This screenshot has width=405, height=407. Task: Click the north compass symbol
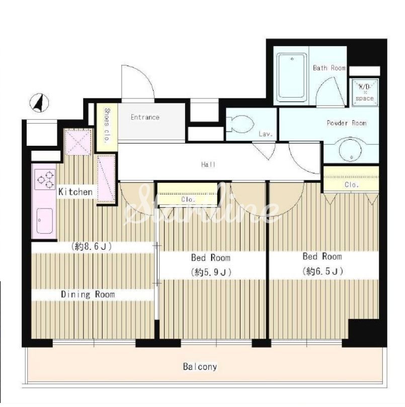point(39,103)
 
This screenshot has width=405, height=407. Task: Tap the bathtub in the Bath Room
point(291,77)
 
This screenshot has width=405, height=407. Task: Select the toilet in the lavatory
point(240,124)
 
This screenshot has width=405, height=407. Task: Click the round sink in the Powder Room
point(350,150)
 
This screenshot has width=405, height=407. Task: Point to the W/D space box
point(365,92)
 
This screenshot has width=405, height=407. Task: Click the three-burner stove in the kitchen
point(45,179)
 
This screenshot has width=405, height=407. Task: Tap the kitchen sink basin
point(45,221)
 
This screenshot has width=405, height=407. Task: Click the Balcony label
point(200,366)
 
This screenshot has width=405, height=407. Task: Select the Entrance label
point(145,117)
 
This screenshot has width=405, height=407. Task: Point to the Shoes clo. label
point(107,126)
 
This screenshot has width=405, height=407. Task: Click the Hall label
point(208,164)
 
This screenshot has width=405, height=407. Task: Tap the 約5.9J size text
point(211,272)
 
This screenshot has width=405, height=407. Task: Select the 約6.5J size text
point(322,271)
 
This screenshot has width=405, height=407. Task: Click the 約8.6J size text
point(91,246)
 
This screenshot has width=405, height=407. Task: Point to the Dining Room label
point(88,294)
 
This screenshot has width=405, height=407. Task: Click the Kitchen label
point(75,192)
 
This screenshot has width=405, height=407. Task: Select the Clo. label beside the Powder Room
point(352,185)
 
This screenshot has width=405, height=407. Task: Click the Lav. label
point(266,134)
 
